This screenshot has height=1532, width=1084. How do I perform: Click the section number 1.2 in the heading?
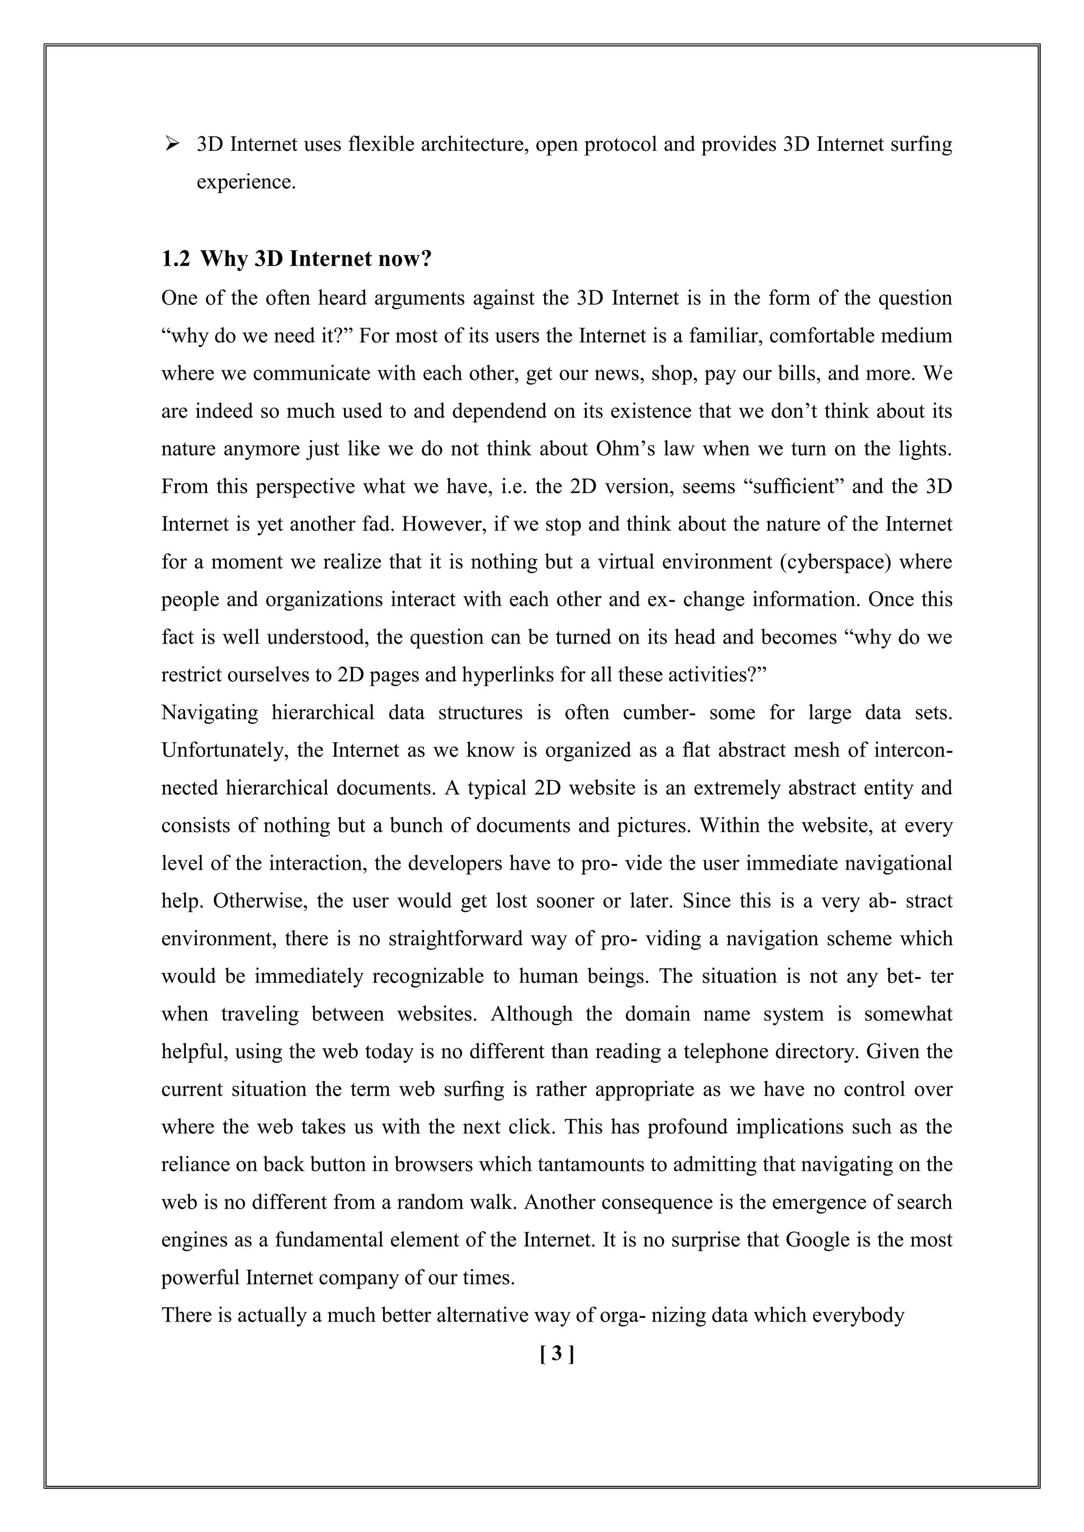tap(176, 259)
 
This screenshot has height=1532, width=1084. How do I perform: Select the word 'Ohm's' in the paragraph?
tap(624, 449)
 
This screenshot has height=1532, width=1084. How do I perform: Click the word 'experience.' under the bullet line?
tap(246, 181)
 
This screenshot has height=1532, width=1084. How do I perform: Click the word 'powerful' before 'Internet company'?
tap(201, 1278)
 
